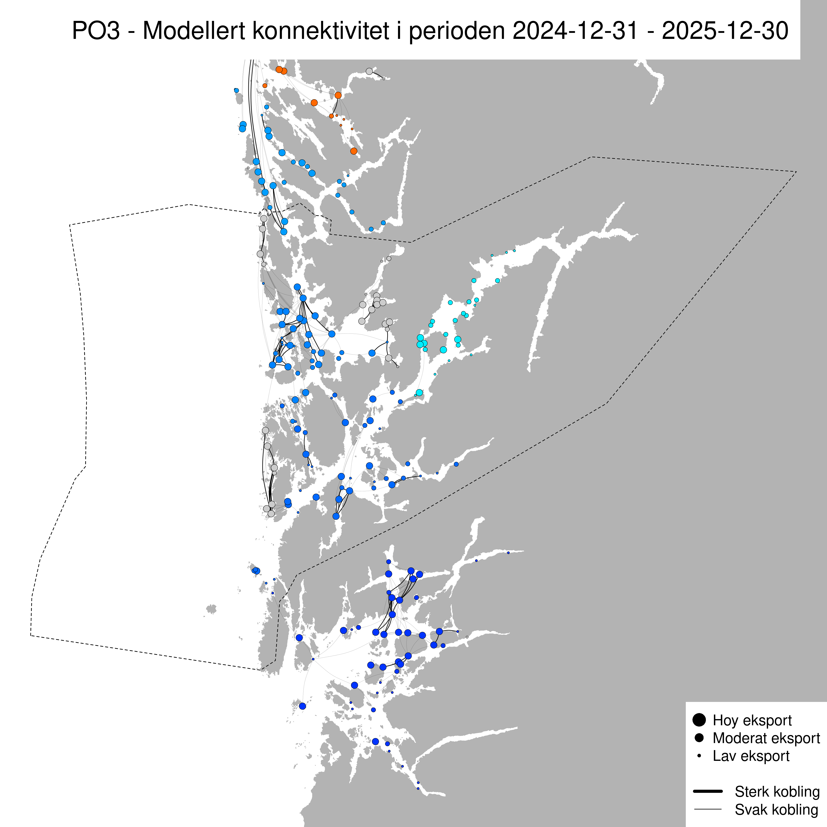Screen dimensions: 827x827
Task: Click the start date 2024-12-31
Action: point(575,31)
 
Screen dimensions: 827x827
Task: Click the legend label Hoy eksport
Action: point(752,720)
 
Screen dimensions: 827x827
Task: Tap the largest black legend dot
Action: point(699,720)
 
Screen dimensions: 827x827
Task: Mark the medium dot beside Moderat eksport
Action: point(699,738)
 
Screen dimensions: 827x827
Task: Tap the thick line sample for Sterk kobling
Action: point(707,791)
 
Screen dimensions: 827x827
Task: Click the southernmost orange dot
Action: point(354,151)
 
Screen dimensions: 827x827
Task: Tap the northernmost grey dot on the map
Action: point(369,72)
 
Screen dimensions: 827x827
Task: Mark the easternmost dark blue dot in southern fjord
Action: point(508,553)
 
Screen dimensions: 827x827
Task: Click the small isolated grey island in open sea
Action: point(211,609)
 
